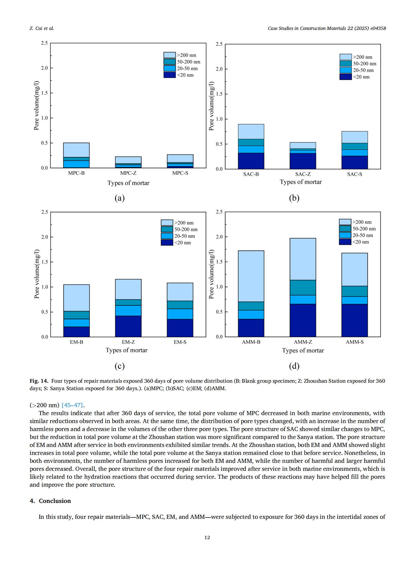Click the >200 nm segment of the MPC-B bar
tap(76, 150)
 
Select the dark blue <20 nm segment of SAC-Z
tap(303, 161)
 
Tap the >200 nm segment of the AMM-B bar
tap(251, 276)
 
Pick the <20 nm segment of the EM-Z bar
tap(128, 326)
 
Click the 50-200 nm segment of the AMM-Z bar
tap(303, 288)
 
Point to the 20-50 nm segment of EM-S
tap(180, 314)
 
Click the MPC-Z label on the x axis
tap(128, 173)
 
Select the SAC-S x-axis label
tap(355, 174)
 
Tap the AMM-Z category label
tap(303, 342)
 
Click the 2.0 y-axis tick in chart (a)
tap(44, 68)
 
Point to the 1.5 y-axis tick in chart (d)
tap(219, 262)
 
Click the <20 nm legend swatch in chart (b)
tap(346, 77)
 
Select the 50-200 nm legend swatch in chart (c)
tap(167, 229)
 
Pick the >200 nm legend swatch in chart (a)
tap(170, 55)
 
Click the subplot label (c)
tap(120, 366)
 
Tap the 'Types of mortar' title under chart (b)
tap(301, 182)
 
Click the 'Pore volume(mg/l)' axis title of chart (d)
tap(211, 274)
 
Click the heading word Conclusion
tap(55, 501)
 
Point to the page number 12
tap(207, 537)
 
